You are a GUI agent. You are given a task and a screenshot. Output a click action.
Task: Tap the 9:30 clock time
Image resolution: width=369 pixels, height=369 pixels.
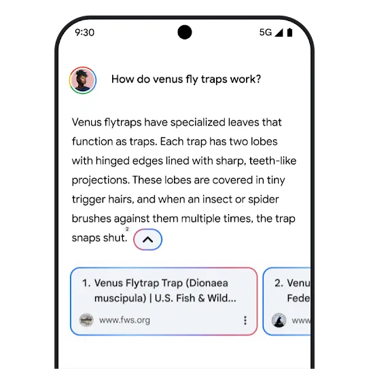click(x=84, y=33)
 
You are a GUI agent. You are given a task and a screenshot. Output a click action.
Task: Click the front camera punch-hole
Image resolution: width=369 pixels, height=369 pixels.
click(x=185, y=32)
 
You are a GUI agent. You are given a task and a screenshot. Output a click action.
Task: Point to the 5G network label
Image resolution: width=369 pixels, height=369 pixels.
click(x=266, y=32)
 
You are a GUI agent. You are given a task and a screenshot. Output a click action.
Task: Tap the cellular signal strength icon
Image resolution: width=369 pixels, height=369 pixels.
click(x=279, y=33)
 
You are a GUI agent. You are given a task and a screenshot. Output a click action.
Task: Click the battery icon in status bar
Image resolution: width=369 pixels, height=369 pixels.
click(x=289, y=33)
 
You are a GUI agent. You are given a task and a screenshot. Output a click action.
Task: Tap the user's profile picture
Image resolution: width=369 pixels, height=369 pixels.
click(x=83, y=80)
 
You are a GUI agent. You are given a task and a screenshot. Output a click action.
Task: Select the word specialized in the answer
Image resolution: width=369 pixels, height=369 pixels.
click(x=198, y=122)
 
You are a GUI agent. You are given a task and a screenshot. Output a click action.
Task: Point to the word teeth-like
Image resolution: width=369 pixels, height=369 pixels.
click(x=273, y=161)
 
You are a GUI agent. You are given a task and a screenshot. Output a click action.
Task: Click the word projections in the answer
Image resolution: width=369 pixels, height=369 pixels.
click(x=101, y=181)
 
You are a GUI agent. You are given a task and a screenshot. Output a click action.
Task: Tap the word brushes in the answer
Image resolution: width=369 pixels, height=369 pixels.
click(x=91, y=218)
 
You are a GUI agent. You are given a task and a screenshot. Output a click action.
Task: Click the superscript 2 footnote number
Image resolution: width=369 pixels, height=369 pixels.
click(x=127, y=229)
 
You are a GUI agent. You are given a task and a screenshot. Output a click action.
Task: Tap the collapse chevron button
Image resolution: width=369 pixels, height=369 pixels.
click(x=147, y=239)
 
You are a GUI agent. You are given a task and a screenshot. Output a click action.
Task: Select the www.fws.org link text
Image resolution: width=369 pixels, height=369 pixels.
click(x=124, y=320)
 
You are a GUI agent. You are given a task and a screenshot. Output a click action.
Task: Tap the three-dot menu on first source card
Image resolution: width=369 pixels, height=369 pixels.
click(x=245, y=320)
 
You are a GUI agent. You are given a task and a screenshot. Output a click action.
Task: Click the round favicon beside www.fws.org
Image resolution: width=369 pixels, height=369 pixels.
click(x=86, y=320)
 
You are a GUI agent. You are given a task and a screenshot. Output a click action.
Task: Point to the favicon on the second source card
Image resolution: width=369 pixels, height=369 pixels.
click(x=279, y=320)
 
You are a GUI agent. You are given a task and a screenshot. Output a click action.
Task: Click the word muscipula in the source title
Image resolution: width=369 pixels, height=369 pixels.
click(x=120, y=298)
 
